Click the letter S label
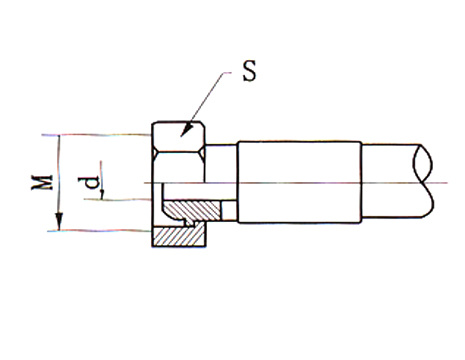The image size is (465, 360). click(250, 71)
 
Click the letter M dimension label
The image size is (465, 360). click(42, 183)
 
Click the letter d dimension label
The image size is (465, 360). click(89, 182)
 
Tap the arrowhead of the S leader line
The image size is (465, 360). click(187, 130)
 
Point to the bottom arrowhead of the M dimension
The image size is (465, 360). click(59, 222)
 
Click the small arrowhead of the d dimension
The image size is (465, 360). click(102, 194)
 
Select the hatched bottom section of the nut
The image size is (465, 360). click(179, 235)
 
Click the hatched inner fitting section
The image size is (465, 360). click(192, 212)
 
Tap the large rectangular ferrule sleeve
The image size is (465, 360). click(300, 182)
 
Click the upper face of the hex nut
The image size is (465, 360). click(178, 137)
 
